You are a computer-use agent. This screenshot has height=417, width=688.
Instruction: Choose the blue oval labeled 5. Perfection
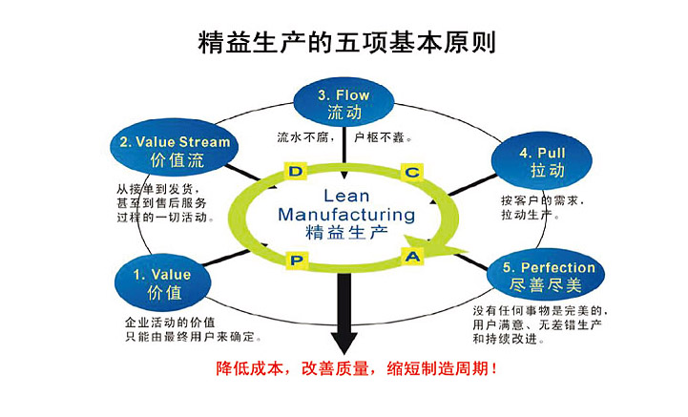pyautogui.click(x=541, y=276)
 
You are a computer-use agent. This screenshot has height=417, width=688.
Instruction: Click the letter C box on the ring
pyautogui.click(x=411, y=172)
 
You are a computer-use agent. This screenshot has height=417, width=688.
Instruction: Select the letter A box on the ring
pyautogui.click(x=412, y=256)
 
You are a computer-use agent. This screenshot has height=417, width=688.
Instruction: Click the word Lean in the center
pyautogui.click(x=344, y=194)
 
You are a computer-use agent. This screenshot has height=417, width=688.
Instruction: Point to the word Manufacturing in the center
pyautogui.click(x=345, y=213)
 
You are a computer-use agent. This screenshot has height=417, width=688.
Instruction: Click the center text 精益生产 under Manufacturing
pyautogui.click(x=345, y=233)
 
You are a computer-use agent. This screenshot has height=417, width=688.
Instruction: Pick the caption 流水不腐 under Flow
pyautogui.click(x=304, y=136)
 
